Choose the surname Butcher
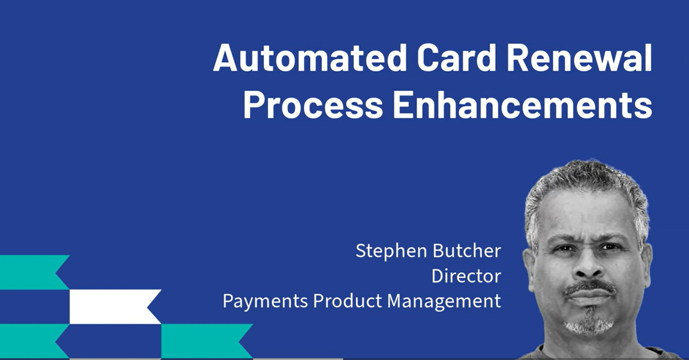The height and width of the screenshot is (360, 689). pyautogui.click(x=467, y=250)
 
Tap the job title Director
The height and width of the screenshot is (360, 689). pyautogui.click(x=466, y=276)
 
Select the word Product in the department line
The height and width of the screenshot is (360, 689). pyautogui.click(x=348, y=300)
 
